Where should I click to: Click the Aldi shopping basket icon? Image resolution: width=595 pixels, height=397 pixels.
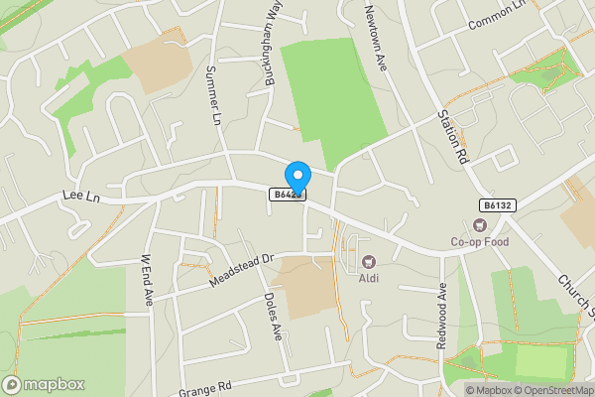coord(369,262)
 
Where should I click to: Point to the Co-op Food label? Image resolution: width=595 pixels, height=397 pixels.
coord(479,241)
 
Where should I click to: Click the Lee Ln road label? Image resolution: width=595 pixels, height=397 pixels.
coord(82,198)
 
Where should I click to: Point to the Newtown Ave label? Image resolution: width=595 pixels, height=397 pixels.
coord(374,35)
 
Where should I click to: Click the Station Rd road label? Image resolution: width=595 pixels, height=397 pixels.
coord(450,136)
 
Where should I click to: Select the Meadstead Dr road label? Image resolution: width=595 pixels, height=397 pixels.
coord(240,270)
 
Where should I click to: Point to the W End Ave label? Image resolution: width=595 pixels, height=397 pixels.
coord(147,281)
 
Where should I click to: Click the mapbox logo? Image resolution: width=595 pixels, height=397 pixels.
coord(44,384)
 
